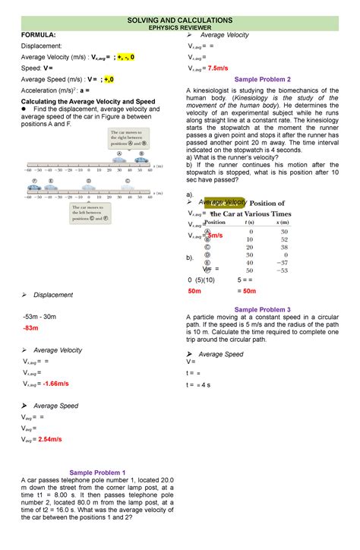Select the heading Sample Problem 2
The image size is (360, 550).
tap(263, 79)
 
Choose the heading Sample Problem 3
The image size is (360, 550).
tap(263, 309)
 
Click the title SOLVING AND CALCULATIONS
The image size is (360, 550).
tap(179, 18)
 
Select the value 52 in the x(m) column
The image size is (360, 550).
tap(283, 239)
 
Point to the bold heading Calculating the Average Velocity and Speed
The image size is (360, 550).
tap(87, 100)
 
